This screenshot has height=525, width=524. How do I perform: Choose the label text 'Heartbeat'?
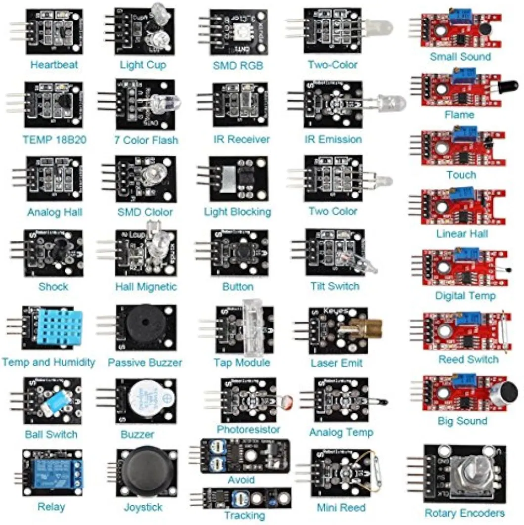[x=54, y=65]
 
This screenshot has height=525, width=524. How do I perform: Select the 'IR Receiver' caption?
[x=242, y=140]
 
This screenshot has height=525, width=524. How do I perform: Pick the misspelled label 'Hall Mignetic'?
[x=146, y=287]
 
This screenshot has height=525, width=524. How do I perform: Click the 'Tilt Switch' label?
[x=335, y=286]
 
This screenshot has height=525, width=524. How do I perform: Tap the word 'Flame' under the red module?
[x=459, y=115]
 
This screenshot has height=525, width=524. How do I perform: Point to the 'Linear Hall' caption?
[x=462, y=233]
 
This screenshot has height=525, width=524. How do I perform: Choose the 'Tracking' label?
[x=244, y=515]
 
